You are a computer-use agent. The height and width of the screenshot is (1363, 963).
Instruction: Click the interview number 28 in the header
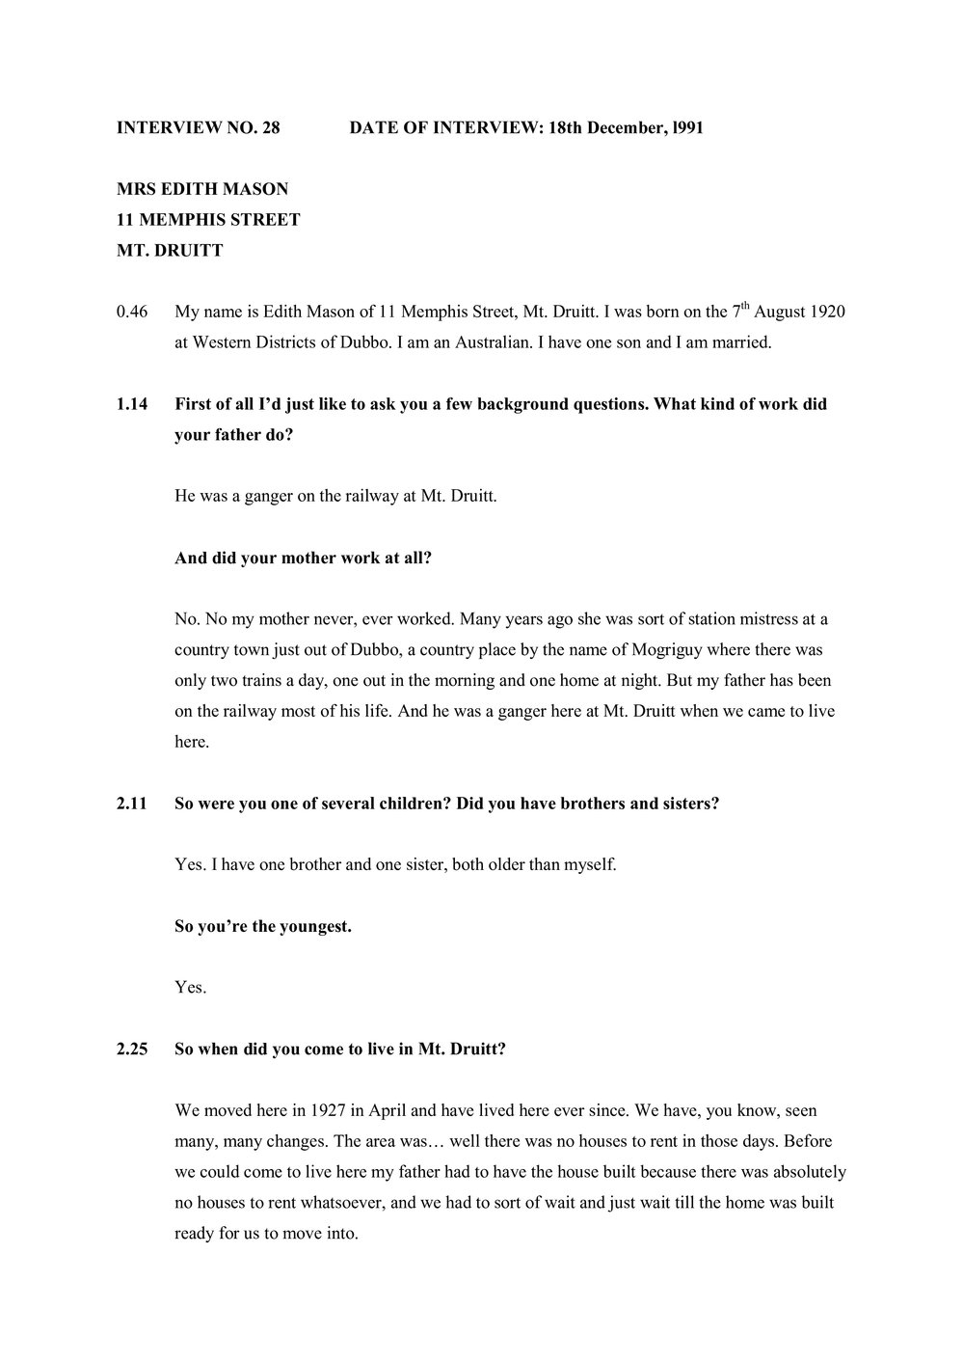(270, 127)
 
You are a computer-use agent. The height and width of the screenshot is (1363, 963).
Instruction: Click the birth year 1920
(827, 313)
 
